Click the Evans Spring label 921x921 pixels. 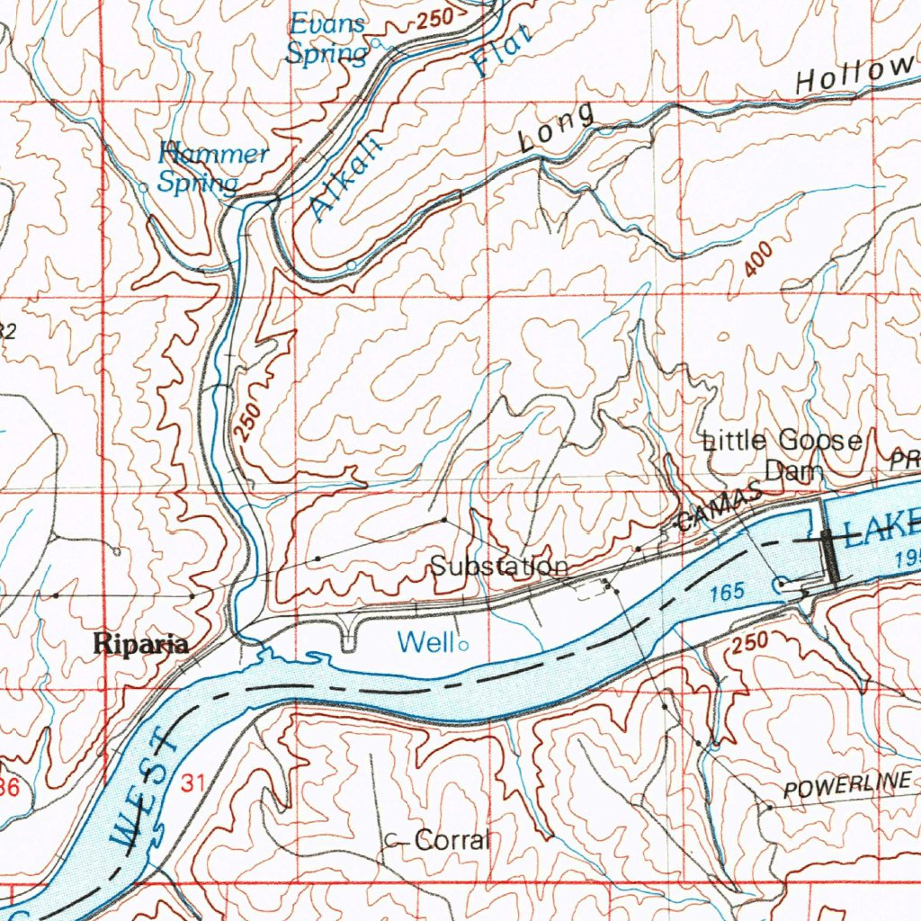326,39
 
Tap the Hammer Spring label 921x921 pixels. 211,168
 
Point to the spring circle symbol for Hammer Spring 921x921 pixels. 144,187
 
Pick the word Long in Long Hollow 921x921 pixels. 558,131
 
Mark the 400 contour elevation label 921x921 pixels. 758,261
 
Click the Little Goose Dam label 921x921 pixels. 782,454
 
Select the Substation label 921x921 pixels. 498,567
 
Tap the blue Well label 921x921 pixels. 426,642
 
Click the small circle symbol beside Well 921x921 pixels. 463,645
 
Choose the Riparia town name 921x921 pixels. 142,644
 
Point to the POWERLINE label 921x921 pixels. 846,786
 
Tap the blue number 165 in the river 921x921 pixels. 727,592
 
